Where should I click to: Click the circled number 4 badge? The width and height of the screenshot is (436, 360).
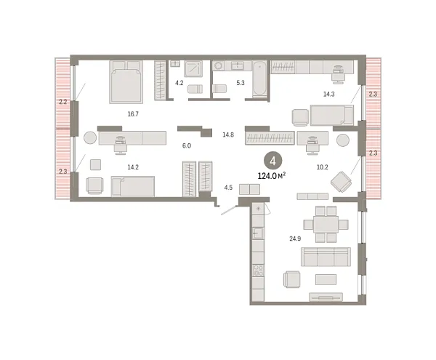pyautogui.click(x=272, y=161)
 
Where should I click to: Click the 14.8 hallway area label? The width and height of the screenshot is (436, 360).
pyautogui.click(x=227, y=134)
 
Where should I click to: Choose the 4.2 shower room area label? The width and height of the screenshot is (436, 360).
pyautogui.click(x=179, y=83)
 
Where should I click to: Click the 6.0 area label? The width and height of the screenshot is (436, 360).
pyautogui.click(x=186, y=145)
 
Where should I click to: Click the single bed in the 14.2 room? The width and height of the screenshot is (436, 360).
pyautogui.click(x=132, y=188)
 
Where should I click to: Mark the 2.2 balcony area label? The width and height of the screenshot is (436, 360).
pyautogui.click(x=62, y=103)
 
